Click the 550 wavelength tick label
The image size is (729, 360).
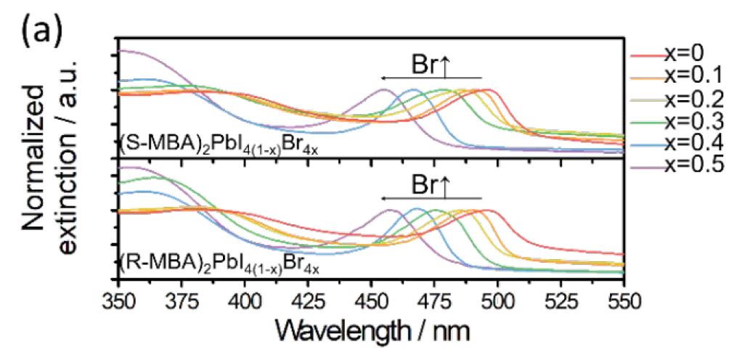(x=623, y=299)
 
